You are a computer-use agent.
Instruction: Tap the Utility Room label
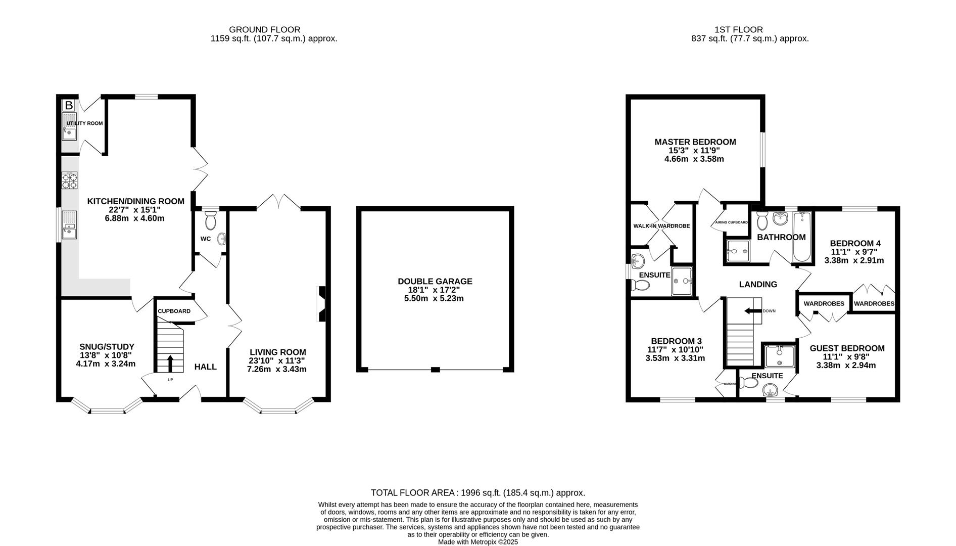[x=85, y=123]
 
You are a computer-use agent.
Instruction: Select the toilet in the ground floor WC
[x=210, y=221]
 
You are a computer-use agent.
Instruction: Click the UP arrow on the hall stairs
[x=169, y=363]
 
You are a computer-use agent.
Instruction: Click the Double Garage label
[x=435, y=282]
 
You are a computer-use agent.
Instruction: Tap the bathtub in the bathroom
[x=801, y=237]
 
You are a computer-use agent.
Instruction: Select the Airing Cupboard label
[x=731, y=222]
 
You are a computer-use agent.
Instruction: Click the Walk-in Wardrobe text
[x=661, y=226]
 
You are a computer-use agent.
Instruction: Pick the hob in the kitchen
[x=70, y=180]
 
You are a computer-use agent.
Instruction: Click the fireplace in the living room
[x=321, y=304]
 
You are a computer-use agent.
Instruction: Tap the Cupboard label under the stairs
[x=174, y=311]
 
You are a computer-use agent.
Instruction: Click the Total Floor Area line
[x=477, y=493]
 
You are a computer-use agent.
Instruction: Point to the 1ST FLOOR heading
[x=739, y=30]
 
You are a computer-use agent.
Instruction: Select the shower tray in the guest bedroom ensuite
[x=780, y=357]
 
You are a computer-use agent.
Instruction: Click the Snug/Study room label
[x=107, y=347]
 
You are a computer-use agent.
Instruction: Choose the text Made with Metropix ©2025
[x=477, y=542]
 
